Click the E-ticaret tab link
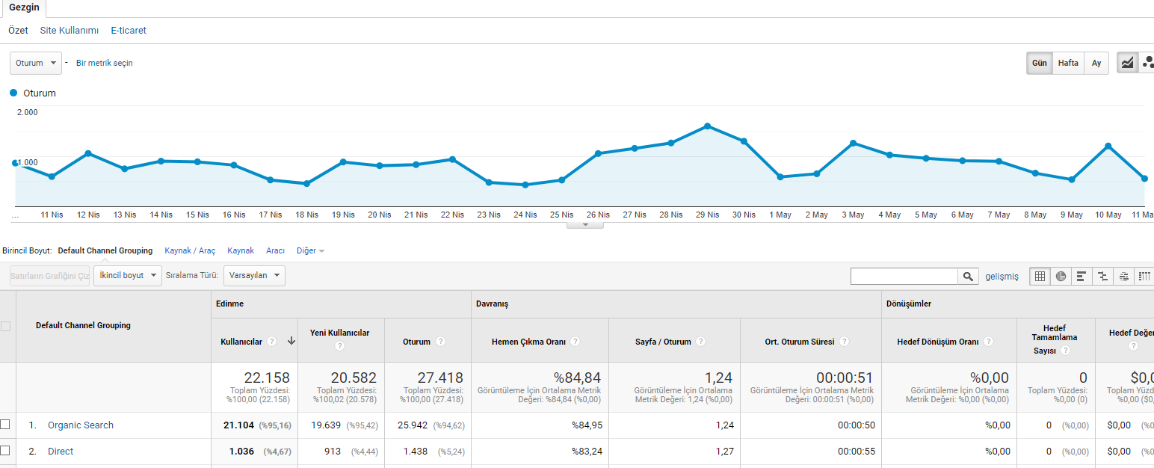pyautogui.click(x=129, y=31)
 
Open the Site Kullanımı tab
pyautogui.click(x=69, y=31)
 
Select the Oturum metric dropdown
pyautogui.click(x=36, y=63)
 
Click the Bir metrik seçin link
pyautogui.click(x=104, y=63)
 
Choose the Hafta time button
pyautogui.click(x=1068, y=63)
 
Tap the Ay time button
pyautogui.click(x=1096, y=63)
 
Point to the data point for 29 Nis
pyautogui.click(x=707, y=126)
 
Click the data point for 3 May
pyautogui.click(x=853, y=143)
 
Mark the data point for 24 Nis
pyautogui.click(x=525, y=185)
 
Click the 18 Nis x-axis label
pyautogui.click(x=306, y=215)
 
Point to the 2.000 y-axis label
pyautogui.click(x=28, y=112)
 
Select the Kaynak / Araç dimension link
pyautogui.click(x=190, y=250)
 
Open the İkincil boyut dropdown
pyautogui.click(x=128, y=275)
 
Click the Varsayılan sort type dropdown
pyautogui.click(x=254, y=275)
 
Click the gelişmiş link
pyautogui.click(x=1002, y=277)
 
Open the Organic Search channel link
pyautogui.click(x=81, y=425)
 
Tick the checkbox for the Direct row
pyautogui.click(x=5, y=451)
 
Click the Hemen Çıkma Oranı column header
pyautogui.click(x=528, y=342)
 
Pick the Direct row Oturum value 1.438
pyautogui.click(x=416, y=452)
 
